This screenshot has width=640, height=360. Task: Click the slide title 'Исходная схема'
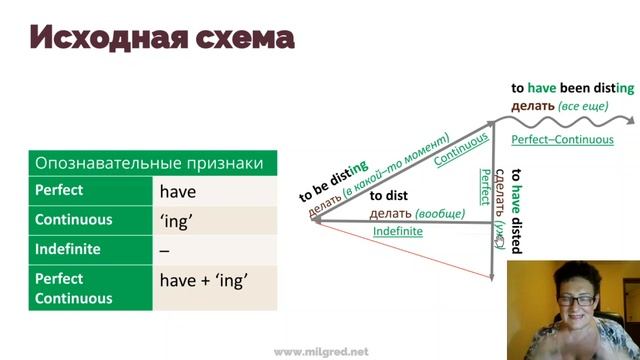click(161, 39)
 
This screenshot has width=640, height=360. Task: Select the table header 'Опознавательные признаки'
click(150, 163)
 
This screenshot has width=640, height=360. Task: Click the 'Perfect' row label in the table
click(59, 190)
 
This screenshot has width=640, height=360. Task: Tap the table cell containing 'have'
click(178, 192)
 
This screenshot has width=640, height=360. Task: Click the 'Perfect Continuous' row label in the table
click(73, 288)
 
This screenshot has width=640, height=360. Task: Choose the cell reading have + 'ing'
click(203, 281)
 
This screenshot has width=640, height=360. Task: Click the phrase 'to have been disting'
click(572, 88)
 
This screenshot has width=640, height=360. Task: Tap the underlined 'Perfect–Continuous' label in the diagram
click(561, 139)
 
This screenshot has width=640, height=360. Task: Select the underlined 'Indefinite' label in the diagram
click(398, 231)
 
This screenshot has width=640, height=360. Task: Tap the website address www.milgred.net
click(320, 351)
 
